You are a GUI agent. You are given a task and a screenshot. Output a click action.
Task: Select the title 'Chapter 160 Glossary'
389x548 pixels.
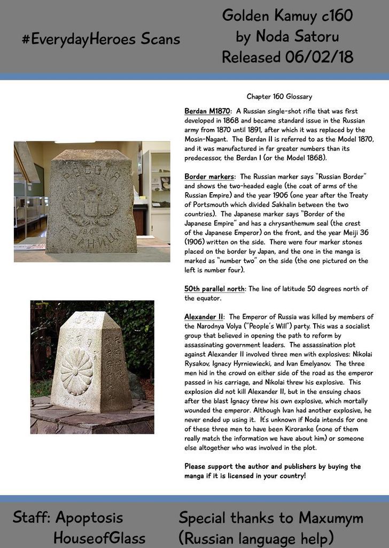[279, 97]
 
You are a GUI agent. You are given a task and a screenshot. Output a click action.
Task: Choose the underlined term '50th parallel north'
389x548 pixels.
[214, 288]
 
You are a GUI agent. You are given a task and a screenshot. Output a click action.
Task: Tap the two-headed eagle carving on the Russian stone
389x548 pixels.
[91, 204]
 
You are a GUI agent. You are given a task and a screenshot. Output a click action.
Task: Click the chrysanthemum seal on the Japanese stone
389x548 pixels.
[76, 371]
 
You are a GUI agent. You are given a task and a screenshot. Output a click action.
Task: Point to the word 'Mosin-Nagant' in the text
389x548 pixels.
[207, 139]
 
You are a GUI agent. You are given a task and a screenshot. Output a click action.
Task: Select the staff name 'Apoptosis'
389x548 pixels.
[89, 517]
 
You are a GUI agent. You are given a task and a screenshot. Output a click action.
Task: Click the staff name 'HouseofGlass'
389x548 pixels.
[99, 537]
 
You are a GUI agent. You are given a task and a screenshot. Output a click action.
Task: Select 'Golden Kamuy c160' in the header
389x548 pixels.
[287, 16]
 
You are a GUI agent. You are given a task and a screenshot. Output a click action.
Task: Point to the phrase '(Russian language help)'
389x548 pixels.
[256, 537]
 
